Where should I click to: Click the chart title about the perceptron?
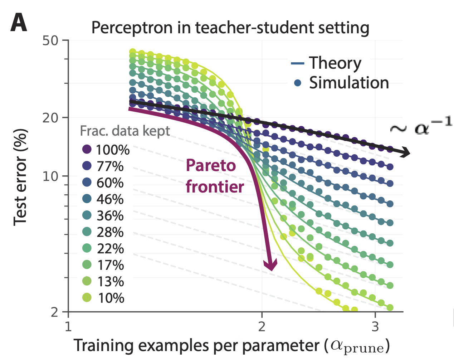pos(230,28)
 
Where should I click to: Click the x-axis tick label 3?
pos(375,327)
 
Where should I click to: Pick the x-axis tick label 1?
pos(68,327)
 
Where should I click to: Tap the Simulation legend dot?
pos(297,83)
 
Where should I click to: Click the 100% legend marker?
pos(87,149)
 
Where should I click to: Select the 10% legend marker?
pos(87,297)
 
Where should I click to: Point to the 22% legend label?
pos(110,248)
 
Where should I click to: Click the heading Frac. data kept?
pos(125,131)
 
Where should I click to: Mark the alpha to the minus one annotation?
pos(420,125)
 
